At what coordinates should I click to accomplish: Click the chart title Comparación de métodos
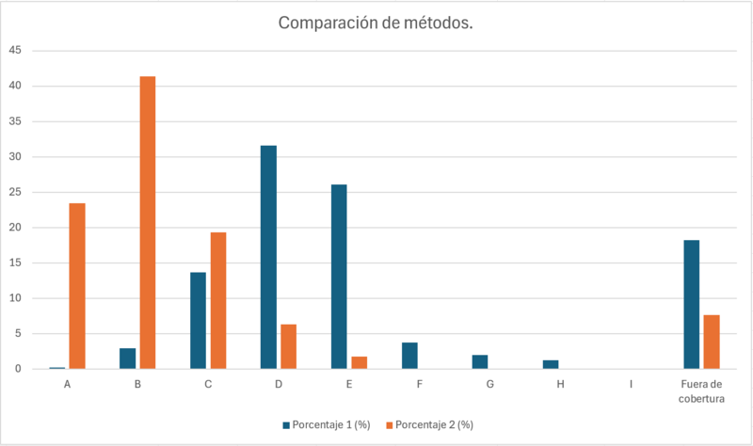(x=376, y=23)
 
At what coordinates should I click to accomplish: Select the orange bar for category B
(x=148, y=222)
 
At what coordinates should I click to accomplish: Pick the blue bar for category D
(x=268, y=257)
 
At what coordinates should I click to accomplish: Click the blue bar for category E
(x=339, y=277)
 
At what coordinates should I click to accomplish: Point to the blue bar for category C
(x=198, y=320)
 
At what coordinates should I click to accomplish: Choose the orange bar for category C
(x=218, y=300)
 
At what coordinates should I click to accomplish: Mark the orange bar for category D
(x=288, y=346)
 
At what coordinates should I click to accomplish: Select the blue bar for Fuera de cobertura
(x=691, y=304)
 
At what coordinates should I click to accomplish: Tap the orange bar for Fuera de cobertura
(x=712, y=342)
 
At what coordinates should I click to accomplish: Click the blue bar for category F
(x=409, y=356)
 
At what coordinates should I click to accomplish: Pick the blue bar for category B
(x=128, y=358)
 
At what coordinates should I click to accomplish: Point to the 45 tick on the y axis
(x=14, y=51)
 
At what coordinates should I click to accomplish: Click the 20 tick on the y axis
(x=14, y=228)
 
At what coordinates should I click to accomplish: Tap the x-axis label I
(x=631, y=385)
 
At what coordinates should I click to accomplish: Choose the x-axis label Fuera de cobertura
(x=701, y=391)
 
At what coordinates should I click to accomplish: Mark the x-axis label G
(x=489, y=385)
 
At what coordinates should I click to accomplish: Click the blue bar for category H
(x=551, y=364)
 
